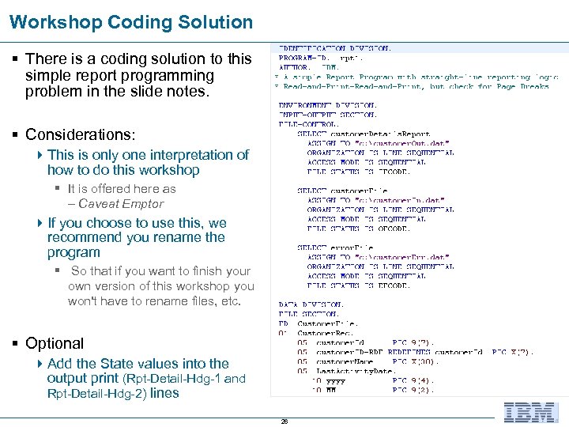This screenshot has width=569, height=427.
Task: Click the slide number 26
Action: tap(284, 421)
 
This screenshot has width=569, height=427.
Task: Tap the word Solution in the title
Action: tap(216, 22)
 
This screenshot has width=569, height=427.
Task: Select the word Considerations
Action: tap(80, 135)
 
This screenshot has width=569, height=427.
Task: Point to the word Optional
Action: tap(55, 343)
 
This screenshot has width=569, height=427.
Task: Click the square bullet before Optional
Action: tap(16, 343)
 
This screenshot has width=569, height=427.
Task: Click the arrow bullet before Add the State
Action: tap(41, 364)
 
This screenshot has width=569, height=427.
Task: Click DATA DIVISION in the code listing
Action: tap(311, 304)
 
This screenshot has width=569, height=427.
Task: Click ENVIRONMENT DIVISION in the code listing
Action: tap(327, 104)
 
